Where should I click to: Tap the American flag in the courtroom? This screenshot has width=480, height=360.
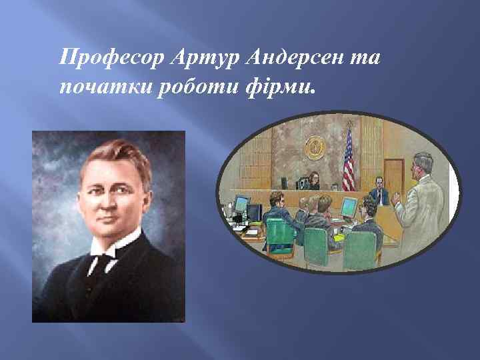click(x=348, y=160)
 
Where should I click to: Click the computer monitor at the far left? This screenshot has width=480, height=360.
click(x=241, y=204)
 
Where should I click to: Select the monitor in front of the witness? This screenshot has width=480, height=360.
click(x=349, y=207)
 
